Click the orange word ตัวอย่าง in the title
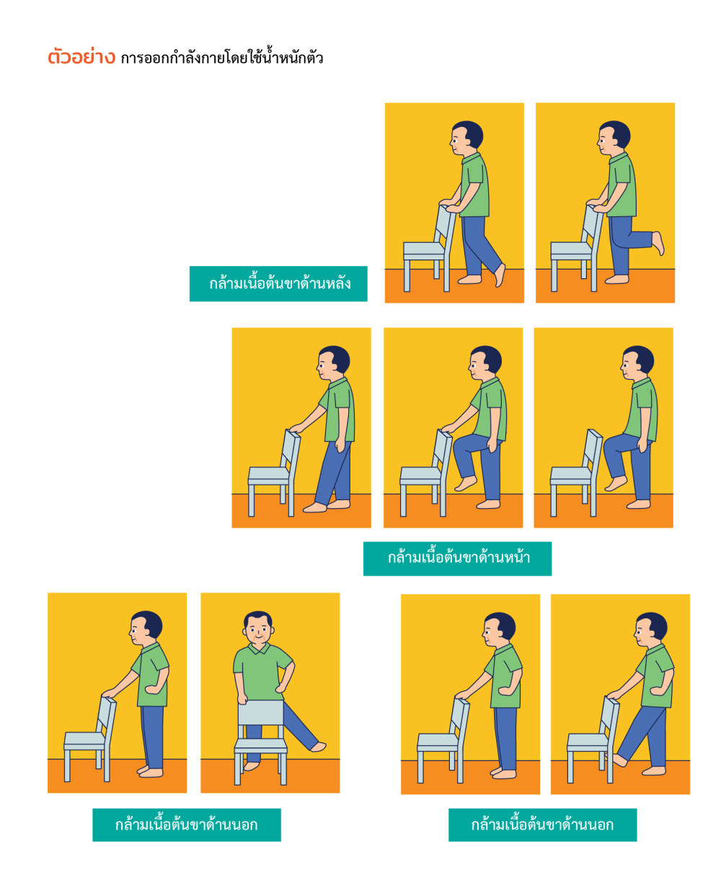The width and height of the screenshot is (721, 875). [x=81, y=57]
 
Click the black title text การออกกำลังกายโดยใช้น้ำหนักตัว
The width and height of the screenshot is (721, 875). [x=222, y=57]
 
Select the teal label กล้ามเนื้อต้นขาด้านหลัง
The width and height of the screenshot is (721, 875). [x=278, y=284]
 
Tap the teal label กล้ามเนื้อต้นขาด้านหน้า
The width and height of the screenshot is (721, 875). [x=457, y=559]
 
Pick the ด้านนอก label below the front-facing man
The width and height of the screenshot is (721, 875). [x=187, y=825]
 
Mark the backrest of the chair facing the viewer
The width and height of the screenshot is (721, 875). [x=261, y=713]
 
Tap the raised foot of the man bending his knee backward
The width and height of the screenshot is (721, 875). [x=658, y=243]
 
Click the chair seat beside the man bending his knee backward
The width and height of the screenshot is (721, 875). [x=570, y=249]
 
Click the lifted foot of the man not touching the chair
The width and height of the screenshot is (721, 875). [x=616, y=484]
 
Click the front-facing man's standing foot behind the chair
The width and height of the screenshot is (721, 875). [x=252, y=766]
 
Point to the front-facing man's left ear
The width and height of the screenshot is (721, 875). [x=273, y=631]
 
